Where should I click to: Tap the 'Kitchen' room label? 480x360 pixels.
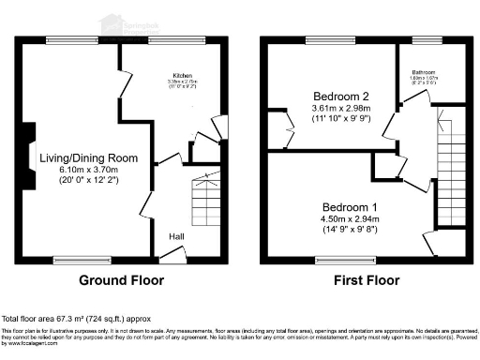pyautogui.click(x=182, y=76)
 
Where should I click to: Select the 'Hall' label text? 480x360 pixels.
pyautogui.click(x=176, y=236)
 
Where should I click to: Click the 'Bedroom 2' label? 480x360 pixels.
pyautogui.click(x=343, y=96)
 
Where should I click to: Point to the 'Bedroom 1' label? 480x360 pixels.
pyautogui.click(x=351, y=206)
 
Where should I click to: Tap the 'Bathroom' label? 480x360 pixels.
pyautogui.click(x=427, y=72)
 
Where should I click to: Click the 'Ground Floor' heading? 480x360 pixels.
pyautogui.click(x=121, y=279)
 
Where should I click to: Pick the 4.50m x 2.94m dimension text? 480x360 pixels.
pyautogui.click(x=351, y=218)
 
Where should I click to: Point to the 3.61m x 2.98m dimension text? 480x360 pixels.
pyautogui.click(x=343, y=109)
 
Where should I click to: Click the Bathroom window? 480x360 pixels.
pyautogui.click(x=427, y=40)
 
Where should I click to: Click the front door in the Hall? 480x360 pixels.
pyautogui.click(x=187, y=255)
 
